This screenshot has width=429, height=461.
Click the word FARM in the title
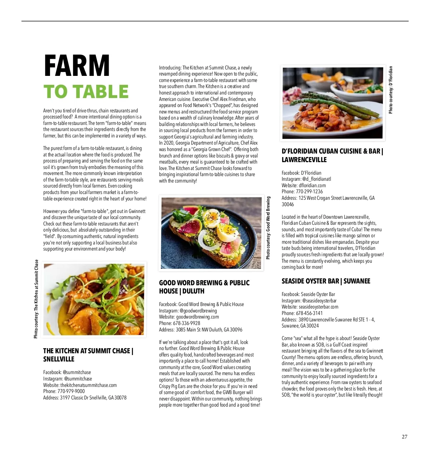[x=77, y=66]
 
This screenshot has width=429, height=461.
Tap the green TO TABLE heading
[x=86, y=92]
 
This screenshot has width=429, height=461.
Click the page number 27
[x=404, y=437]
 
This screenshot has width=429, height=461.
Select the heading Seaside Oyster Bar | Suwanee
[x=326, y=281]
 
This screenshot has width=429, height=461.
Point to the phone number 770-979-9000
[x=71, y=391]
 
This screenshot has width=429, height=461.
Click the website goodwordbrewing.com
[x=197, y=317]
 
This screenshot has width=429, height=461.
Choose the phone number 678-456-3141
[x=309, y=313]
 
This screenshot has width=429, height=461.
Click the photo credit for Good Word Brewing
[x=268, y=228]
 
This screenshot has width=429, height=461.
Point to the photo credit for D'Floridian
[x=391, y=90]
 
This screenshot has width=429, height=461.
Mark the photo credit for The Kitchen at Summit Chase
[x=36, y=299]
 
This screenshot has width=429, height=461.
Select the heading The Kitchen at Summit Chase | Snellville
[x=88, y=355]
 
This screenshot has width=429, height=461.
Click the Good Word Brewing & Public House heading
[x=204, y=287]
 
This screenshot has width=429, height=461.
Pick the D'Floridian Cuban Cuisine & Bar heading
[x=332, y=155]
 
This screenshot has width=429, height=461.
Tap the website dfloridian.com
[x=312, y=185]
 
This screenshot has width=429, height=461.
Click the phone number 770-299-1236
[x=309, y=191]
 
